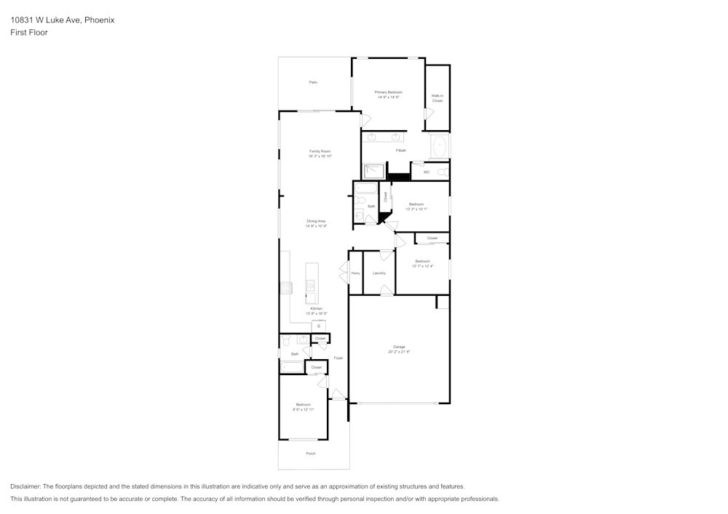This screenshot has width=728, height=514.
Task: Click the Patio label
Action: [x=313, y=82]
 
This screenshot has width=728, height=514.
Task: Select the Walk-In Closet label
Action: [x=437, y=98]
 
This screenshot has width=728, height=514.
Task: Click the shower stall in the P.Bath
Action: [x=374, y=172]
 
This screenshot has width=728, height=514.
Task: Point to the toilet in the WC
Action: [x=442, y=172]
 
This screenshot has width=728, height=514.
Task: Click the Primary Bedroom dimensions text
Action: [x=388, y=97]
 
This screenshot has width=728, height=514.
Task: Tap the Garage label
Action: [x=399, y=347]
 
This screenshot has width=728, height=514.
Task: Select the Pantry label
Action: [x=355, y=273]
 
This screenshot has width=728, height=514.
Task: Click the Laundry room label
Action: [x=379, y=273]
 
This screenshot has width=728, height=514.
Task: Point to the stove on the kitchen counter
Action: [x=285, y=287]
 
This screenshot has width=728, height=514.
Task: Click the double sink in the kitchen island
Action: [x=312, y=285]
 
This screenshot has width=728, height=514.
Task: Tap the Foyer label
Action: [x=338, y=358]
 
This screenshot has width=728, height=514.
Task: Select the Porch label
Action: [x=311, y=453]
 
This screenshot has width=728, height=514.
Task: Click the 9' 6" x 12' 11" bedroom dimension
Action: [x=303, y=409]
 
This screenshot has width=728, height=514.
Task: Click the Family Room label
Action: [x=320, y=151]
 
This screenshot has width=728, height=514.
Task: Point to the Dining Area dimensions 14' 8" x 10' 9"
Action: [x=316, y=226]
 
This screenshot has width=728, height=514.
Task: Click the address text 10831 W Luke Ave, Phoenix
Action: [x=62, y=20]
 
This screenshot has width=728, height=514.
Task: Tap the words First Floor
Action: [x=29, y=33]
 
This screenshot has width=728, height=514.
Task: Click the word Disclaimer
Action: [x=25, y=486]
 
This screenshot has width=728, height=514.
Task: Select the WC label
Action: [x=427, y=172]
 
